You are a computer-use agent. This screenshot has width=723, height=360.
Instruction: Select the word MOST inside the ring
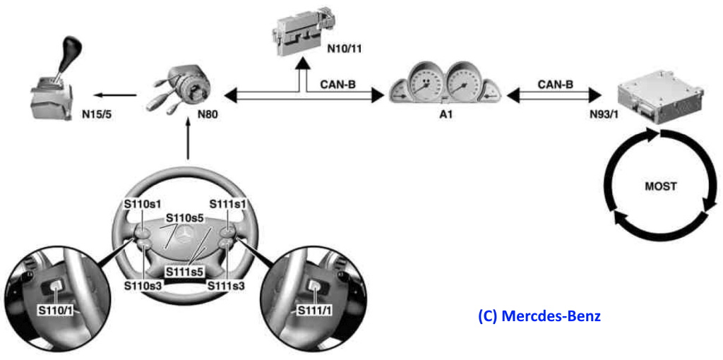pos(660,187)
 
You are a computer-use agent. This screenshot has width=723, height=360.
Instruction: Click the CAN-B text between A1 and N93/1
pos(556,83)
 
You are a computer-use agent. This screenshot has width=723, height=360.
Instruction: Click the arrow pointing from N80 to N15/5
pos(117,95)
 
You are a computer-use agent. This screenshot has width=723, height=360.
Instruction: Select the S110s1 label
pos(138,204)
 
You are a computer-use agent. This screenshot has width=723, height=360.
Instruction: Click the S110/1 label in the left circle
pos(55,308)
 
